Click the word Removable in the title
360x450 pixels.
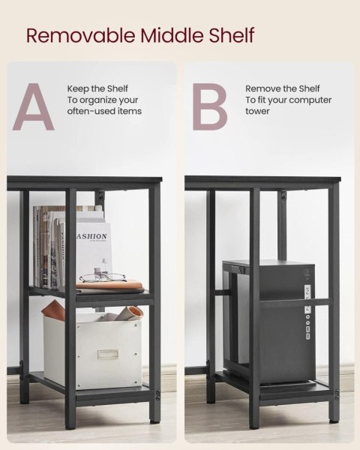click(x=81, y=35)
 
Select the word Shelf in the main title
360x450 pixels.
click(x=232, y=35)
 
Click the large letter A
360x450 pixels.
click(x=34, y=106)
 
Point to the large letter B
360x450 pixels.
click(x=210, y=106)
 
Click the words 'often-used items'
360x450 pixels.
click(x=104, y=111)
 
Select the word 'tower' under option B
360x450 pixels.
click(x=257, y=111)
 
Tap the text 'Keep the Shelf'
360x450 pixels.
click(x=97, y=88)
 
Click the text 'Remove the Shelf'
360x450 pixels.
click(x=283, y=88)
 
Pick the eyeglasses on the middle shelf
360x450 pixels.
click(x=103, y=277)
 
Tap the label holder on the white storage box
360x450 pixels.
click(x=108, y=354)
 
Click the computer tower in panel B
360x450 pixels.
click(x=269, y=322)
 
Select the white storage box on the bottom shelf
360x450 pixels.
click(x=93, y=352)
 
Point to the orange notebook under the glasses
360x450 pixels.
click(x=109, y=285)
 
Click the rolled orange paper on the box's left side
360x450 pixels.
click(x=53, y=309)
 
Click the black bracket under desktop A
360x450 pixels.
click(x=100, y=198)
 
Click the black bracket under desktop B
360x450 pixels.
click(x=282, y=198)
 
